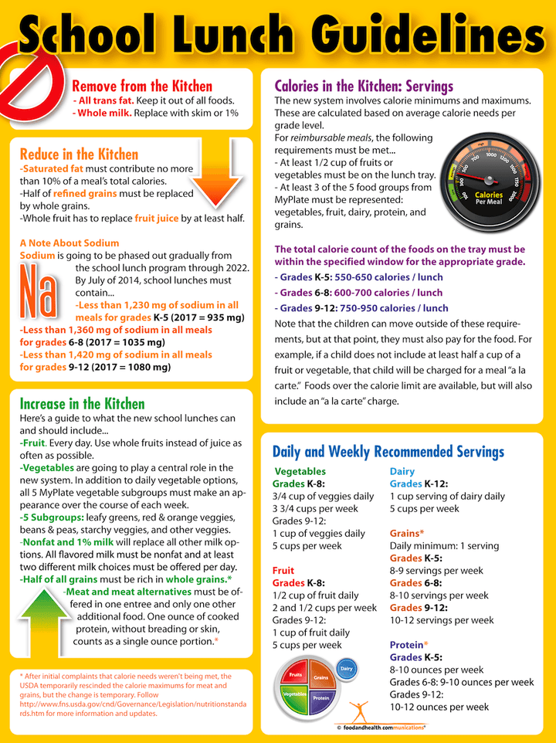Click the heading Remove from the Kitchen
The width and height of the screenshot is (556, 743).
141,87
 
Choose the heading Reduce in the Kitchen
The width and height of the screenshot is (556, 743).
79,154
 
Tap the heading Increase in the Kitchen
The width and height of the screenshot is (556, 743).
82,403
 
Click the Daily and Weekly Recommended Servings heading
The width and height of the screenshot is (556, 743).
388,452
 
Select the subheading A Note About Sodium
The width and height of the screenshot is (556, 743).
69,243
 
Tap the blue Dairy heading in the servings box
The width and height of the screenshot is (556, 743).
402,471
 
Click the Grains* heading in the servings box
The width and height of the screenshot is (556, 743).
407,533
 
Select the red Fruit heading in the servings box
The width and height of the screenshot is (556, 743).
283,571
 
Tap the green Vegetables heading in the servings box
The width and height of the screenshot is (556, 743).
300,471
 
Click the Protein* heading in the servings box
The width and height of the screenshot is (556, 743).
409,645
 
